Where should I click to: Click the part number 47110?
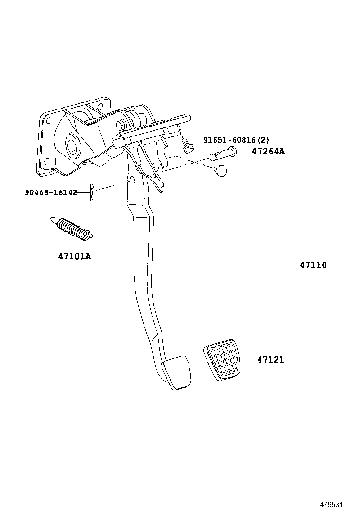(313, 265)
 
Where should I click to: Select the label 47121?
(270, 360)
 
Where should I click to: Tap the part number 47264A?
(268, 152)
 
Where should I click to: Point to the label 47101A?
(74, 256)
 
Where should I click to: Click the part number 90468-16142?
(51, 192)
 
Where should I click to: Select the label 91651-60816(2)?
(236, 140)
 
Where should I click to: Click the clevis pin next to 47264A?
(223, 154)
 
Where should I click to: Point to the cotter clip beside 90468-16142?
(93, 192)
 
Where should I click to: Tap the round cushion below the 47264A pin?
(221, 171)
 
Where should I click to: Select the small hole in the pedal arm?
(133, 181)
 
